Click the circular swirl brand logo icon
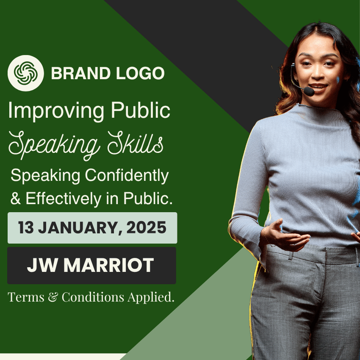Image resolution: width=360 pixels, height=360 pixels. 26,73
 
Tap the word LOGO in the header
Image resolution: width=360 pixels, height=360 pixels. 140,73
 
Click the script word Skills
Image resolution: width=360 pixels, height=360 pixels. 135,143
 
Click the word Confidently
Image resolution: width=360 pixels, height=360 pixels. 127,176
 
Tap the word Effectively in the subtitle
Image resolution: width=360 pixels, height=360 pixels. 64,198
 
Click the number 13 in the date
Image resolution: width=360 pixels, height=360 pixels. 26,228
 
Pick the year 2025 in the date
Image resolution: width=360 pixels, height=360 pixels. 147,228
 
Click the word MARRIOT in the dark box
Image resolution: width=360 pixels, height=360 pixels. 108,265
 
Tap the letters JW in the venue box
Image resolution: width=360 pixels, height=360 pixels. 42,265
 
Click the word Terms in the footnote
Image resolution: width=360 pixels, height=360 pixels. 26,297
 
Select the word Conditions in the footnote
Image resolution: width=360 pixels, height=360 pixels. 93,297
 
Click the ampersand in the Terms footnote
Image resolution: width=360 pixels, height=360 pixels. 53,297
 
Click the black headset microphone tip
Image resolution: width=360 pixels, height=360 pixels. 309,91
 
